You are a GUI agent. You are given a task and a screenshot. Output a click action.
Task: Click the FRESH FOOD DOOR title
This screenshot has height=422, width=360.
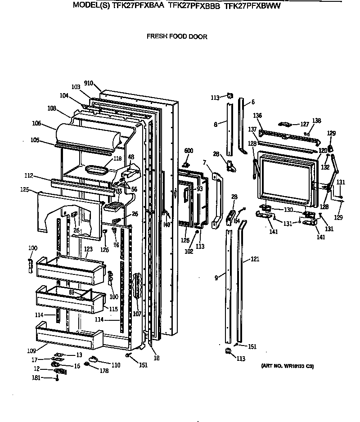(177, 37)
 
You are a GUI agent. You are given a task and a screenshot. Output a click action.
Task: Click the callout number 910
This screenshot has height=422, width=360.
(89, 83)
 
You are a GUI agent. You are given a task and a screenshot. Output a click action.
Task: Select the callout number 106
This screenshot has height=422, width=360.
(36, 123)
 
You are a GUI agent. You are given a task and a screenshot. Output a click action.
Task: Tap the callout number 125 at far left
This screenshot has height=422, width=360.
(25, 190)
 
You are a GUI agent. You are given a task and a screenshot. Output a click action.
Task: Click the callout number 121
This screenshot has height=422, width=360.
(255, 260)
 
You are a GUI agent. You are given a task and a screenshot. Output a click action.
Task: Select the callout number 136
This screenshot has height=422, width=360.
(257, 116)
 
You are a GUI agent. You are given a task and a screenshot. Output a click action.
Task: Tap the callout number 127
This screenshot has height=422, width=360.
(305, 124)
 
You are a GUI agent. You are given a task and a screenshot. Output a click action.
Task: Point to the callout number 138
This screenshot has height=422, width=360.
(317, 121)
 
